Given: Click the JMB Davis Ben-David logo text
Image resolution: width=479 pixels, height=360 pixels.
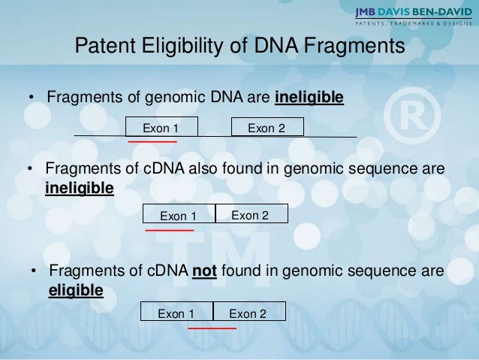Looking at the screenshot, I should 414,12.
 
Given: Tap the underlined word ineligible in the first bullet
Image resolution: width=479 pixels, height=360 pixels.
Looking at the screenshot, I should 309,98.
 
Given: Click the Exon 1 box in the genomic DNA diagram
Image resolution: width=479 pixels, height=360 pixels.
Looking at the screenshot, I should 161,128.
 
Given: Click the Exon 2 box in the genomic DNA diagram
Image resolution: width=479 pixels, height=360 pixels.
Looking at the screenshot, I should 267,128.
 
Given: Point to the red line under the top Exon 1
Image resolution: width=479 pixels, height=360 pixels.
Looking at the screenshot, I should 152,141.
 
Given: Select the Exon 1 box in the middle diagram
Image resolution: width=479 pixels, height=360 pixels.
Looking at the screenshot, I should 179,216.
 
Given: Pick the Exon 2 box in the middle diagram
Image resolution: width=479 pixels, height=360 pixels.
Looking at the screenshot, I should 251,215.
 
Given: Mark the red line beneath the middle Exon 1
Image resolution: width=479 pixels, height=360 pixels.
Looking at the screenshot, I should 169,230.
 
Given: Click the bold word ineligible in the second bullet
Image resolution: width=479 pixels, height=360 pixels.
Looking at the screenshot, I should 80,186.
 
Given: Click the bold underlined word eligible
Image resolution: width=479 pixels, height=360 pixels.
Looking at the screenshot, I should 76,289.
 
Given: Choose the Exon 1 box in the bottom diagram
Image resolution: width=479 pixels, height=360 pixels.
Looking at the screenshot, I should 177,313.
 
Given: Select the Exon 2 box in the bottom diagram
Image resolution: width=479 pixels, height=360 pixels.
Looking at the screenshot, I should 249,313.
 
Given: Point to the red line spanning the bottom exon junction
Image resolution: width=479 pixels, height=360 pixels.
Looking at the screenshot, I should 212,328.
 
